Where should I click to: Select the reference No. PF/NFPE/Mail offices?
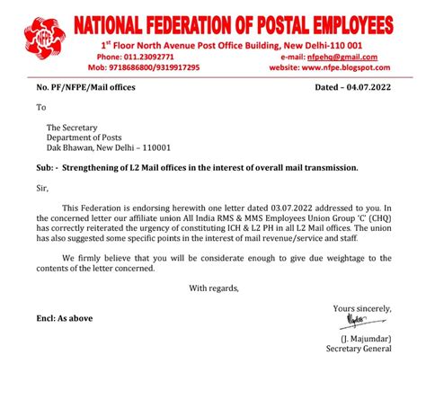click(83, 89)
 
